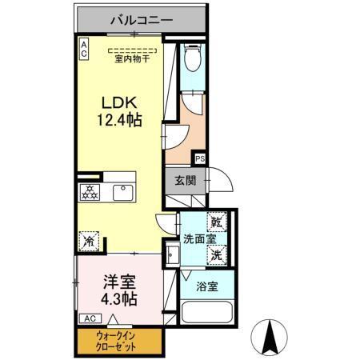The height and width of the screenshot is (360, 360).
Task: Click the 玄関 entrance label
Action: [x=184, y=180]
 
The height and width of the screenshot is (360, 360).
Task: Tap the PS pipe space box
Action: [x=199, y=158]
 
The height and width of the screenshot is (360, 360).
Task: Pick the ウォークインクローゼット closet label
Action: [x=116, y=342]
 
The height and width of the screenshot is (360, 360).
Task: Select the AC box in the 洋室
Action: [x=86, y=318]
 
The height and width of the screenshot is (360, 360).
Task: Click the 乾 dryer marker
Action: [x=217, y=222]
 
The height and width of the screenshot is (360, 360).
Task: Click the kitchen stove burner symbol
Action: [x=90, y=193]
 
